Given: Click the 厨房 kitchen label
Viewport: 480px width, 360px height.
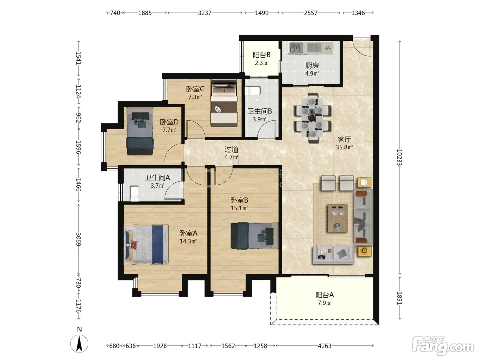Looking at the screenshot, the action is coord(312,65).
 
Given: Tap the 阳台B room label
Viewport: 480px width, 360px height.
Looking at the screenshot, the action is coord(262,55).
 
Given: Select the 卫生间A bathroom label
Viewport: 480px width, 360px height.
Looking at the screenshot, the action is coord(157,178).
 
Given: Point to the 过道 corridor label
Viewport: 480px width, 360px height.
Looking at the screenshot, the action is coord(231,149).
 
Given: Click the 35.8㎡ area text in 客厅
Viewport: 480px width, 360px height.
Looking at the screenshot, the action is coord(344,147).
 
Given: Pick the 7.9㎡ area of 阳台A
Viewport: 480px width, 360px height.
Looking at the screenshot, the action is coord(325,303).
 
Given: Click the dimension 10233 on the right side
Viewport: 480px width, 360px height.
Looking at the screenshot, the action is coord(399,157).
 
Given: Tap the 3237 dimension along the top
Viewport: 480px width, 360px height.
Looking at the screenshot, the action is coord(205,13).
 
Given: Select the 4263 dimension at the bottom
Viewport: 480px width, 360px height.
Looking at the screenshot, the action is coord(325,346).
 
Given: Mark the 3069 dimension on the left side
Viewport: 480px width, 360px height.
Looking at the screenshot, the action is coord(79,239).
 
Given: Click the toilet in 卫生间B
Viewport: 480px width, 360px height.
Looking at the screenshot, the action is coord(253,91).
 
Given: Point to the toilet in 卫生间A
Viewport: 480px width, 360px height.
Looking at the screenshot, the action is coord(134,193).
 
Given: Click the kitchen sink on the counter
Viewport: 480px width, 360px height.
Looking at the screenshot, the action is coord(296,48).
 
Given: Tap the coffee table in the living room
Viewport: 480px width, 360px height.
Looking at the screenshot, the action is coord(337,218).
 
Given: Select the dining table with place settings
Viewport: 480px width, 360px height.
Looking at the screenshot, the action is coord(312,118).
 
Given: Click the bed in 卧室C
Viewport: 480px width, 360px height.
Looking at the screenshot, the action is coord(224,103).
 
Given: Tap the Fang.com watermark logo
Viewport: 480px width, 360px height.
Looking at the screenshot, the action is coord(443,346).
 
